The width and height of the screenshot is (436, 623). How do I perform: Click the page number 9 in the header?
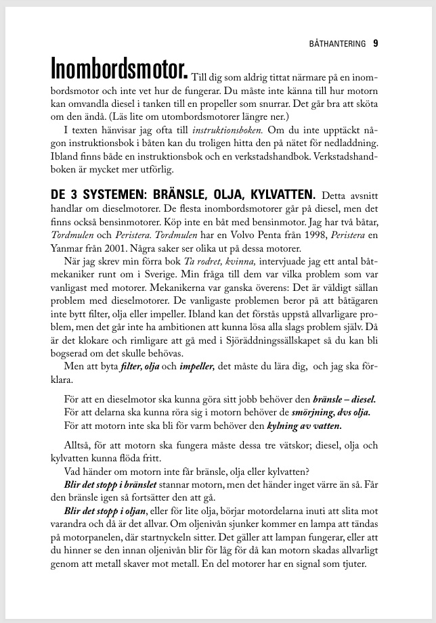coord(375,44)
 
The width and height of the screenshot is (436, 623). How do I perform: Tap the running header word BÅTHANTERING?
coord(335,45)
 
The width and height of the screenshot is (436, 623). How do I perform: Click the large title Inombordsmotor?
coord(120,68)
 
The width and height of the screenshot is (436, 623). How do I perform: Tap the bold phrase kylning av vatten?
coord(304,426)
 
